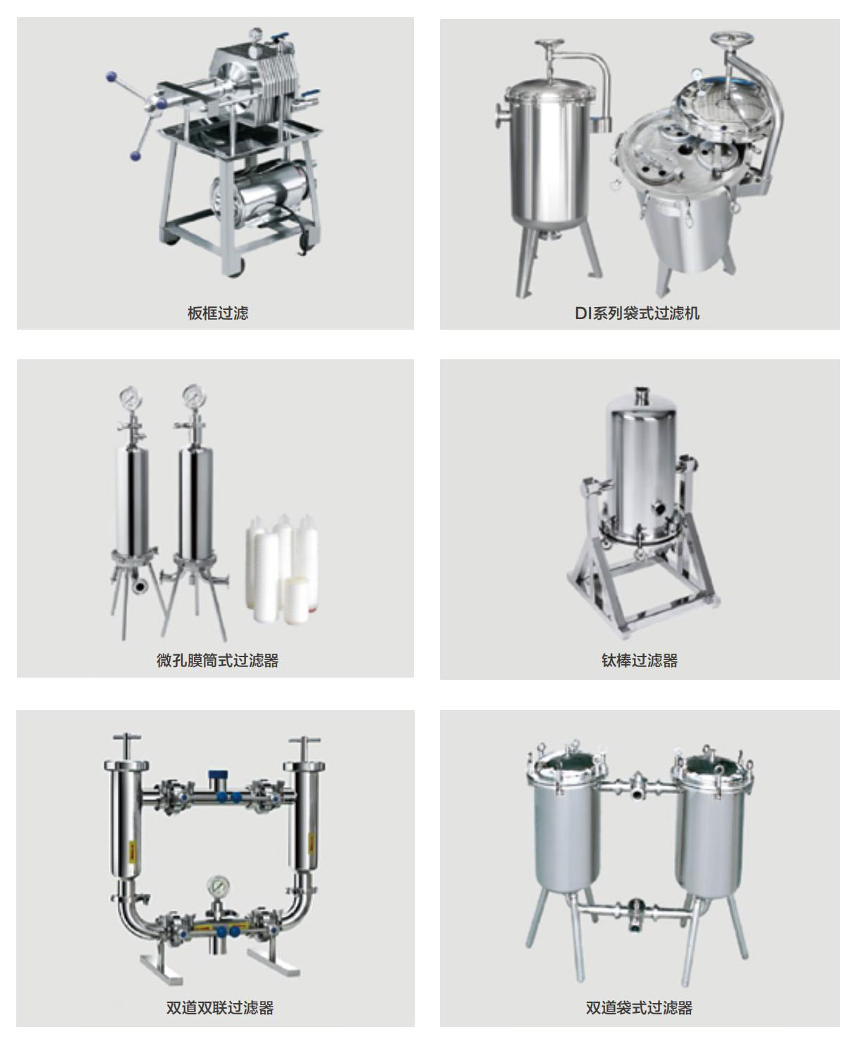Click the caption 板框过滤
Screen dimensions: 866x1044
click(218, 313)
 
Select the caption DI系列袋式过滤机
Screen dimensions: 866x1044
click(638, 313)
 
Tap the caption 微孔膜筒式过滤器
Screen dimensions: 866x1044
click(218, 661)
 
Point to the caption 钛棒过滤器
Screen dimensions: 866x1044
click(640, 661)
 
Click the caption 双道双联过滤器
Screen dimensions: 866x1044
click(220, 1007)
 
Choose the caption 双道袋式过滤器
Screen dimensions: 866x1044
click(639, 1007)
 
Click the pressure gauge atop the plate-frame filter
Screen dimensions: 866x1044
click(256, 33)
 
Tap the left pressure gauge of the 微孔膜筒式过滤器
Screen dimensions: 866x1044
click(131, 397)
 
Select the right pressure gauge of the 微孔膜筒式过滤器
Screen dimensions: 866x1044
click(193, 397)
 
